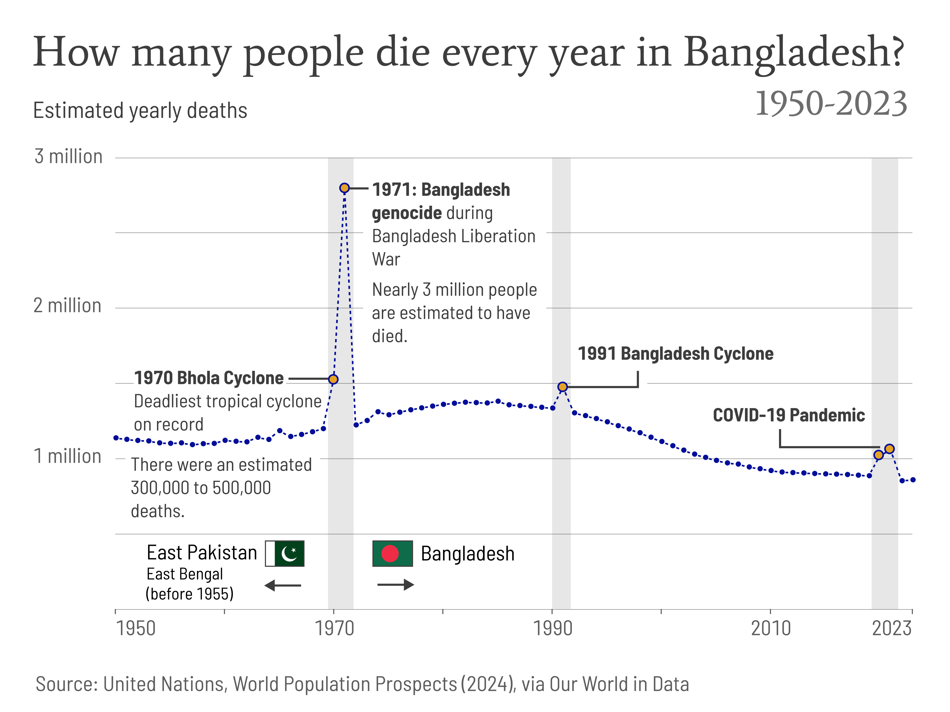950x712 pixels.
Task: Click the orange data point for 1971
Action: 344,188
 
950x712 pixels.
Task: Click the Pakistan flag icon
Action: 285,554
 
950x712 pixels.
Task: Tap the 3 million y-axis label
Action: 68,157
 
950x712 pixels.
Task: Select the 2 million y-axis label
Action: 68,306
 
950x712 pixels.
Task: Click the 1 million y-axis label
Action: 68,456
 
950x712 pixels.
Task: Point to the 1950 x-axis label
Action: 136,629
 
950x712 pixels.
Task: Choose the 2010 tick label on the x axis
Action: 771,629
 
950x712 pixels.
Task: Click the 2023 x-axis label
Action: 892,629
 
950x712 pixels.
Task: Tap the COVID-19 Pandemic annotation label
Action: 788,415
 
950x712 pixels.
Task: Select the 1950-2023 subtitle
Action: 831,104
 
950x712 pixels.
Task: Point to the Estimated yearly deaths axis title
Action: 140,111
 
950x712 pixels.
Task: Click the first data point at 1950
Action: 116,438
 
